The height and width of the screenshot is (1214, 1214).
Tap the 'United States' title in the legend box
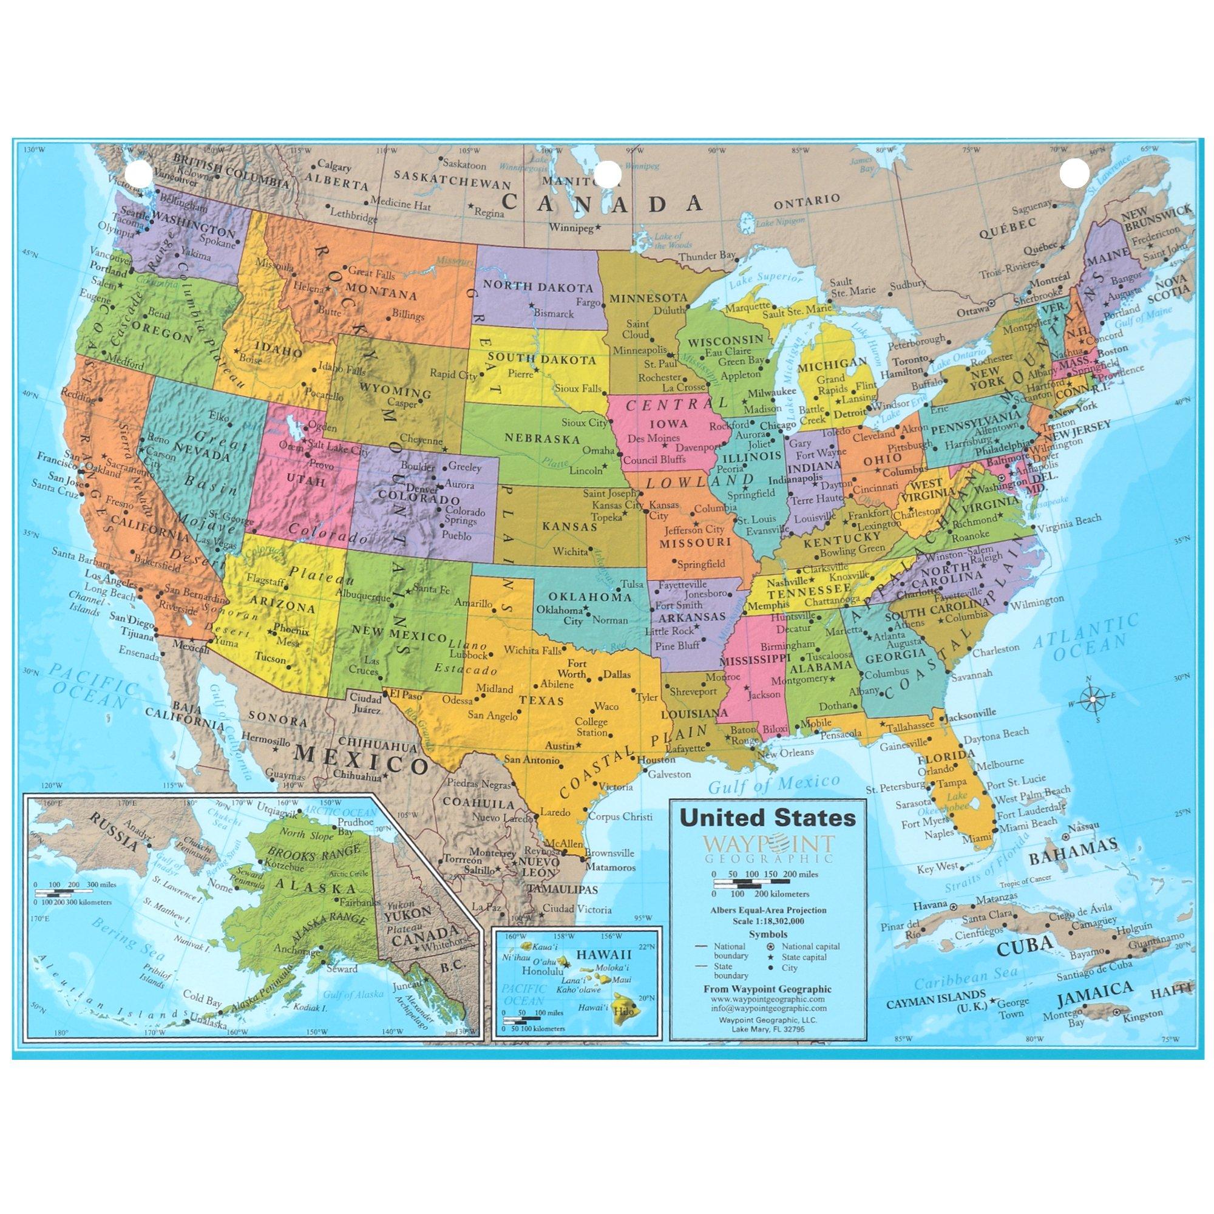point(768,818)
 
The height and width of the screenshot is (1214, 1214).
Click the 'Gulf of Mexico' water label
point(773,784)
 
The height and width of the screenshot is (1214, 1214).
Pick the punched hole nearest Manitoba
point(607,173)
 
